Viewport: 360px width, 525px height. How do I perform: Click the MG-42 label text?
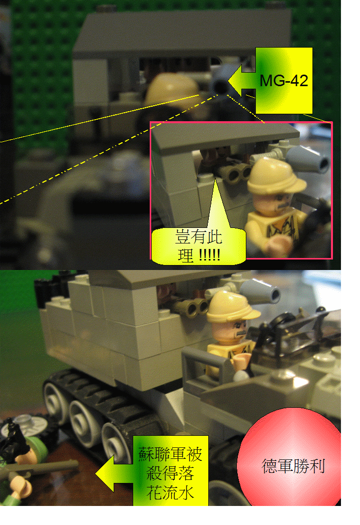[x=283, y=81]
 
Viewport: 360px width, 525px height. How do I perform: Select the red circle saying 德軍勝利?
[x=293, y=466]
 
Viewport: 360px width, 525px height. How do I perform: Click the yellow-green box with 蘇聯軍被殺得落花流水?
[x=170, y=470]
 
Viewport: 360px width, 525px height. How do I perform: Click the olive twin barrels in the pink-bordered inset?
[x=237, y=173]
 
